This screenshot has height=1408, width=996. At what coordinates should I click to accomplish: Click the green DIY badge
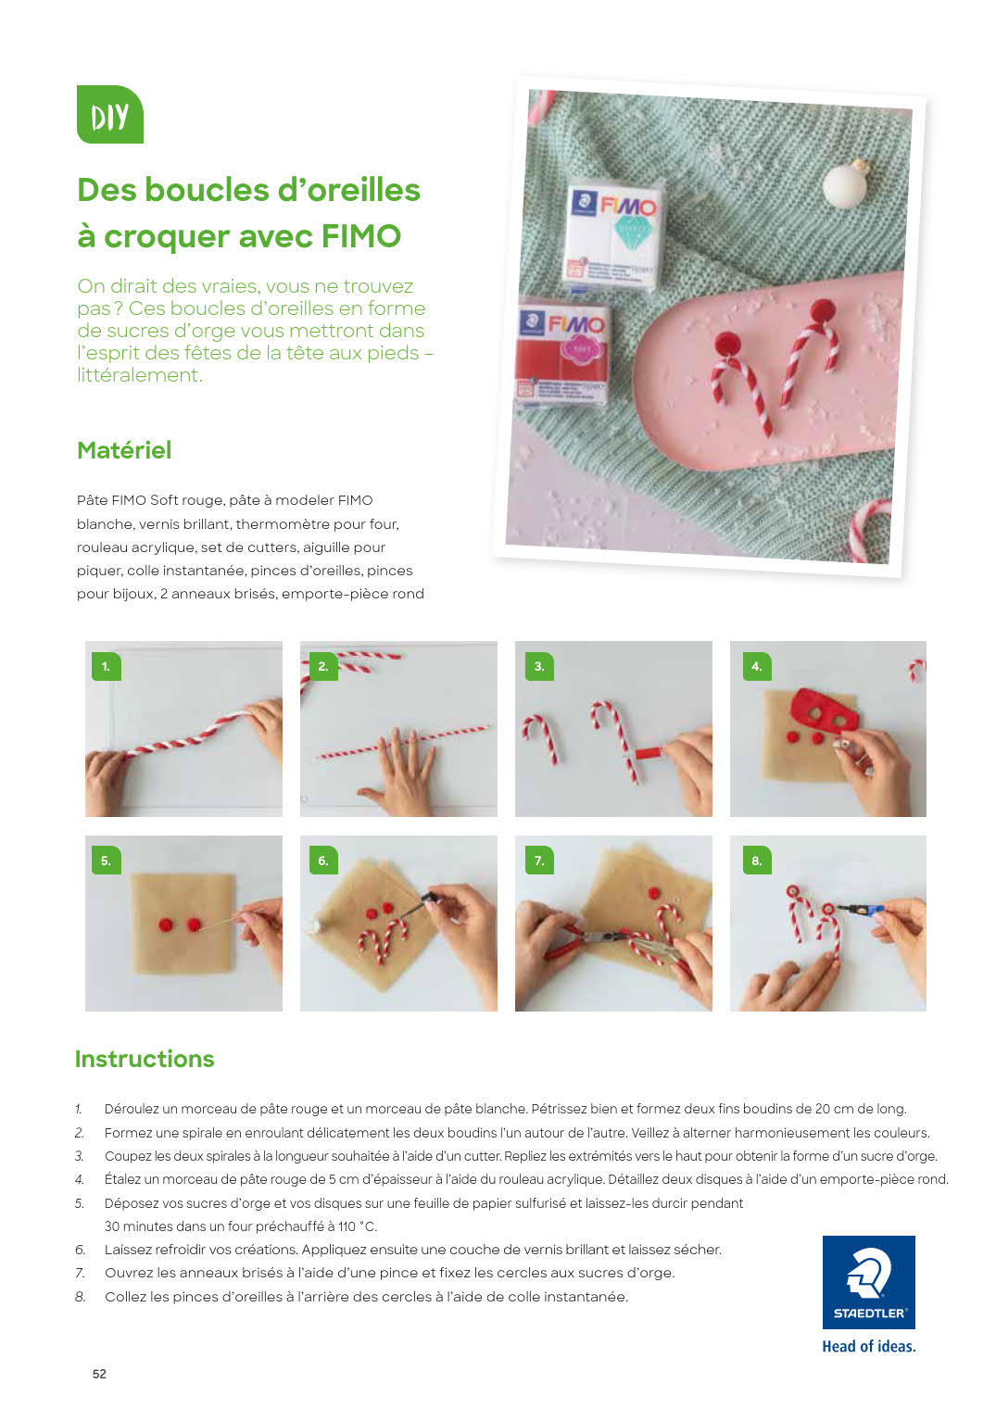tap(110, 115)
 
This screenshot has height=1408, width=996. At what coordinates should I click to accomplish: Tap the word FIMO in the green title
tap(361, 236)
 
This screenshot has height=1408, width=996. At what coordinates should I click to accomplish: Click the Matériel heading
tap(124, 450)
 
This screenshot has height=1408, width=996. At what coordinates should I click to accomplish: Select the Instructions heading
tap(145, 1059)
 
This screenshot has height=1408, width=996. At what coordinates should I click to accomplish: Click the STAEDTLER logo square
tap(868, 1282)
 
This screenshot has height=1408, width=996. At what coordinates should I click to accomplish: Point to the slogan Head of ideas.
tap(868, 1347)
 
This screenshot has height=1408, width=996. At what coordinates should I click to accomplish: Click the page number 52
tap(99, 1374)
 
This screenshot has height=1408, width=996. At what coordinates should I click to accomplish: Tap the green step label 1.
tap(107, 666)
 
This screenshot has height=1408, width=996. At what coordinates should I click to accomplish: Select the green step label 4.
tap(756, 666)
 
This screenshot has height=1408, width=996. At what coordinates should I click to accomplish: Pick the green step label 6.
tap(323, 861)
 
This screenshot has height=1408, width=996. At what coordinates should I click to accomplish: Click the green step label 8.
tap(756, 861)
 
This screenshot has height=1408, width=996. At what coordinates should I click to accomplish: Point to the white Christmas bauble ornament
tap(846, 181)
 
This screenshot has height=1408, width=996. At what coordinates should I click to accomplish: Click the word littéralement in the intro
tap(140, 375)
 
